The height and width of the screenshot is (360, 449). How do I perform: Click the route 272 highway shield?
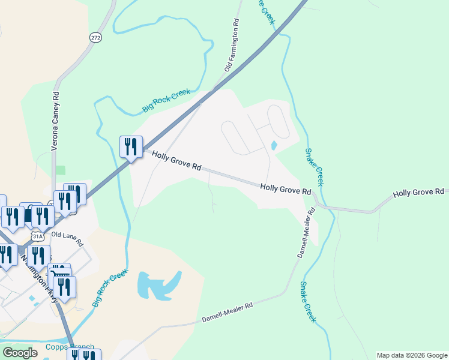(96, 37)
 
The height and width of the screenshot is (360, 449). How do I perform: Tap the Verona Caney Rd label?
(55, 120)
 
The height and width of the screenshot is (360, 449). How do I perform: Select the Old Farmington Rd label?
(232, 45)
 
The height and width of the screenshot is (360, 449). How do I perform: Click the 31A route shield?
(38, 236)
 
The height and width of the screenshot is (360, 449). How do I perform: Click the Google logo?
(20, 353)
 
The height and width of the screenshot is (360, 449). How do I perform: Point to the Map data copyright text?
(411, 355)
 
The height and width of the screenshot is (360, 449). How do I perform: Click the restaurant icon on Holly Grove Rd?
(131, 147)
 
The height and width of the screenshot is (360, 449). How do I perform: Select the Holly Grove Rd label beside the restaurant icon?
(176, 162)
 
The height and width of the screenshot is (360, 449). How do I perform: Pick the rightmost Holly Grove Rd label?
(418, 192)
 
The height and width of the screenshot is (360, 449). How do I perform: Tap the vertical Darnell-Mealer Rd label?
(306, 233)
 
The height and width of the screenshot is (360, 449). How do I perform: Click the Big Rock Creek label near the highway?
(166, 101)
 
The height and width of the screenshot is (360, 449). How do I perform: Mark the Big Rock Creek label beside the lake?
(110, 288)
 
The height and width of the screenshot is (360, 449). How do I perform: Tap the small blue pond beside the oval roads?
(274, 145)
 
